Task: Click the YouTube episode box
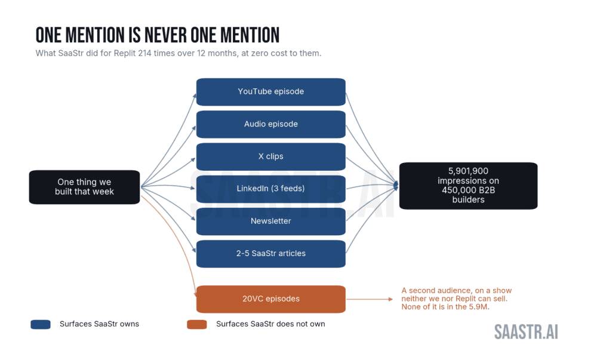point(270,92)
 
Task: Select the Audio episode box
point(270,124)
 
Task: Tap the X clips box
point(270,156)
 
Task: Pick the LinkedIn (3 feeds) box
point(270,189)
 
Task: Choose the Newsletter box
point(270,221)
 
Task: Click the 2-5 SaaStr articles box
point(270,254)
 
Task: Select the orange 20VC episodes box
point(270,299)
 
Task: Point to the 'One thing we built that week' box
point(84,187)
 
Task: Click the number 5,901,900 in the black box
point(468,171)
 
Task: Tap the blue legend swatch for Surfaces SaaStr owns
point(41,324)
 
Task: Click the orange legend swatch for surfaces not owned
point(197,324)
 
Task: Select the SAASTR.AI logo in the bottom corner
point(526,332)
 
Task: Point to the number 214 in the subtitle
point(144,53)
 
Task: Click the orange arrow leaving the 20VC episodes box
point(370,299)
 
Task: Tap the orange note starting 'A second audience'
point(457,299)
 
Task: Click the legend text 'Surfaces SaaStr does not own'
point(270,324)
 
